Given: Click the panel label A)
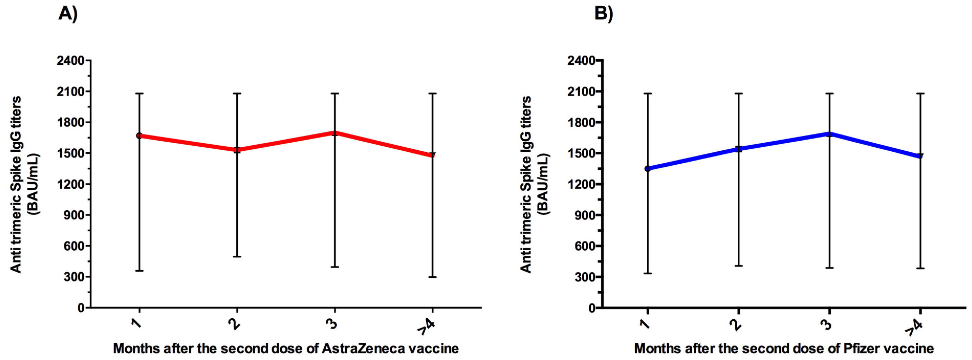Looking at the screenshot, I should coord(68,14).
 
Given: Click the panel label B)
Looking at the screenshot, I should coord(604,14).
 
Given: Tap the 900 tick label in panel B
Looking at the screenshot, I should coord(586,215).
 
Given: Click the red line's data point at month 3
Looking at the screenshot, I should coord(335,133).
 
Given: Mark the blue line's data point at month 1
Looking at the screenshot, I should coord(647,168).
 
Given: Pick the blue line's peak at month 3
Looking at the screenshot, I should coord(829,133).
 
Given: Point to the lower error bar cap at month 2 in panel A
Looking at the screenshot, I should coord(237,257).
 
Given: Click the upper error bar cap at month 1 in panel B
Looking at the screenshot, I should coord(647,93).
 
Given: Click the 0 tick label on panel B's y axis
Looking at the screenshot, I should coord(592,308).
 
